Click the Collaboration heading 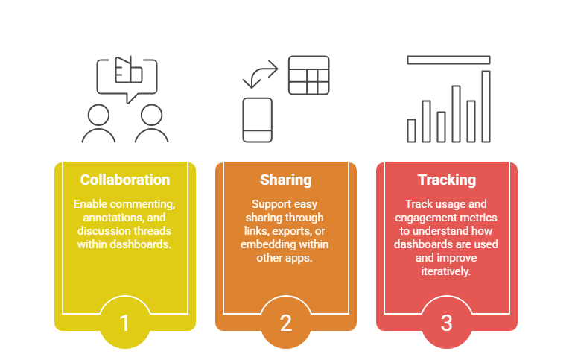pos(125,180)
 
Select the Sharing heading pos(285,180)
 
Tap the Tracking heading pos(446,180)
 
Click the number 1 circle pos(124,323)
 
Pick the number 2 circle pos(285,323)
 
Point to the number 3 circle pos(446,323)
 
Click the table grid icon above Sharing pos(308,75)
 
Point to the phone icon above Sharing pos(258,119)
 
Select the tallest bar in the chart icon pos(486,106)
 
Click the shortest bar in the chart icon pos(411,130)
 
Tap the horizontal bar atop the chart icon pos(448,60)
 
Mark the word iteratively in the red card pos(446,271)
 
